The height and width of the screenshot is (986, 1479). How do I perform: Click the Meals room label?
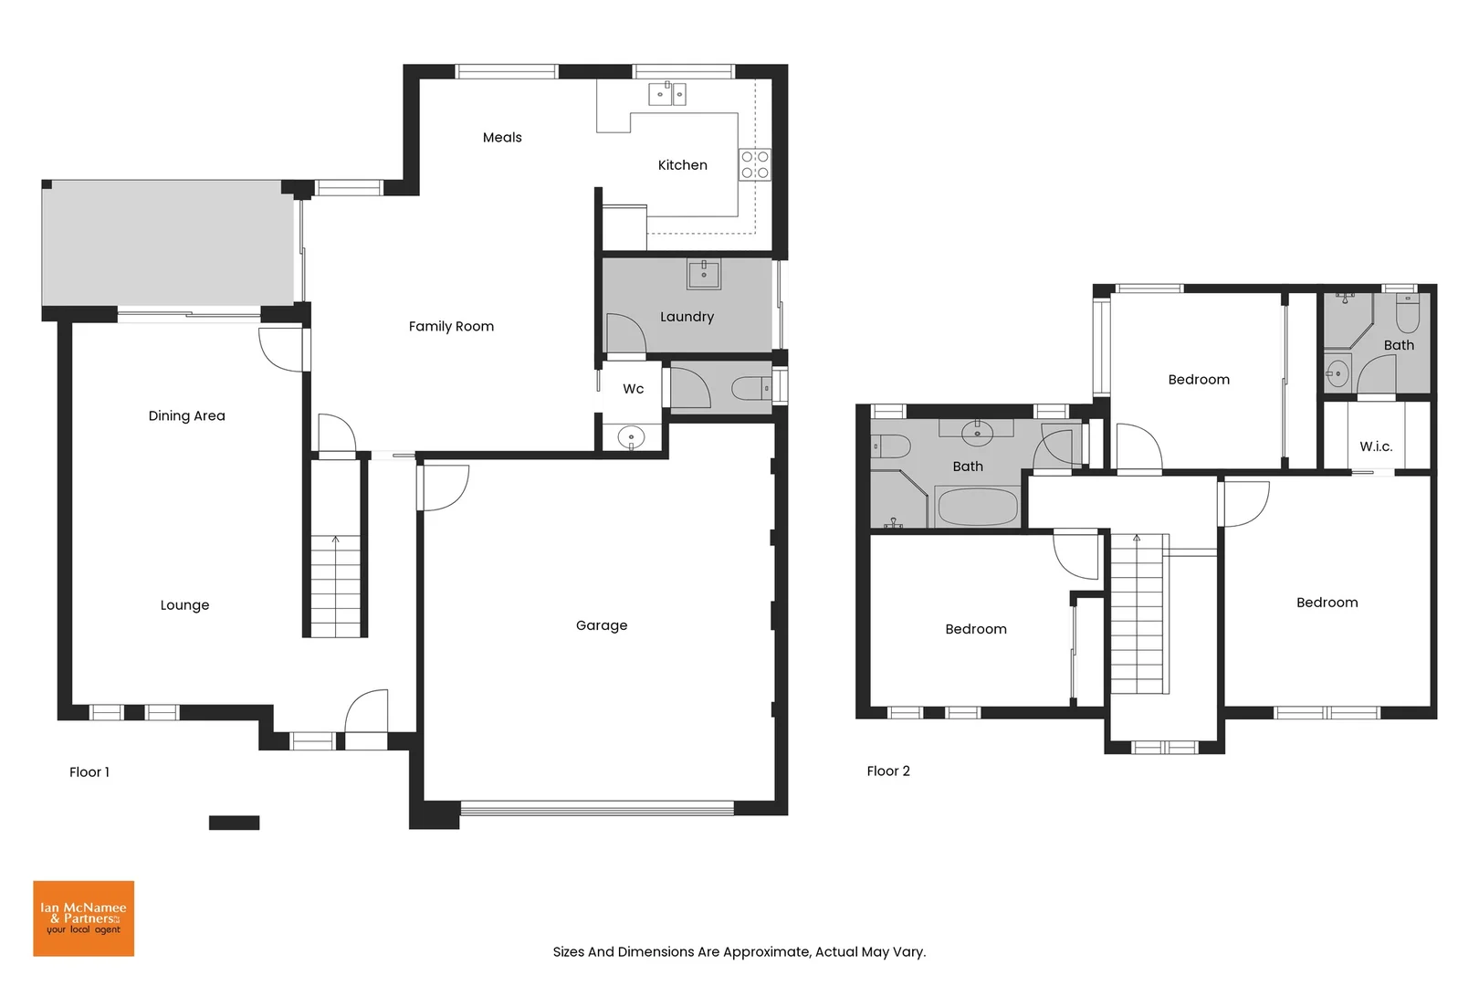coord(502,138)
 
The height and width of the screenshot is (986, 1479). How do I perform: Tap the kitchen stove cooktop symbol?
coord(755,164)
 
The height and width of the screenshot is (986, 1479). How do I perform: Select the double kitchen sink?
coord(667,94)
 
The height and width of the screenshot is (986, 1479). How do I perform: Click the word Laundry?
coord(687,317)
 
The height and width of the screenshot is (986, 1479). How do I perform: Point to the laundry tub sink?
coord(704,273)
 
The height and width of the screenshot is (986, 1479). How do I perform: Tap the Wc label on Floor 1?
coord(633,389)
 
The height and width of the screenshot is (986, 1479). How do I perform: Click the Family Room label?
coord(451,327)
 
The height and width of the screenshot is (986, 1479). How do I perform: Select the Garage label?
coord(602,625)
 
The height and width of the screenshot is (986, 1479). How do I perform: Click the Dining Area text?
coord(186,416)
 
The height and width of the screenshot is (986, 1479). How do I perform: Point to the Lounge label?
coord(184,605)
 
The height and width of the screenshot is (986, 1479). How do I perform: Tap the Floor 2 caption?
coord(887,771)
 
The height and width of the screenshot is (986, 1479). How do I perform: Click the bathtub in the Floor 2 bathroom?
coord(977,507)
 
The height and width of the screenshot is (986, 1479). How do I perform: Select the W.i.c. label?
coord(1376,446)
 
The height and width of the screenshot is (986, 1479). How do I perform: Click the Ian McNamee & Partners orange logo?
coord(83,918)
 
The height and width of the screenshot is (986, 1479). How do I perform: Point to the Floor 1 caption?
coord(89,772)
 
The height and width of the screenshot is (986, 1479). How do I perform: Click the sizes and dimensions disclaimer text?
coord(739,951)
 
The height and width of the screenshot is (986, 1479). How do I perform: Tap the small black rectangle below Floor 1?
coord(234,823)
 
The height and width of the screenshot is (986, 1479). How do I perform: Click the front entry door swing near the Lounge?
coord(368,711)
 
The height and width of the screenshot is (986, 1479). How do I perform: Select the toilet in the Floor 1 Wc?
coord(751,389)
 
